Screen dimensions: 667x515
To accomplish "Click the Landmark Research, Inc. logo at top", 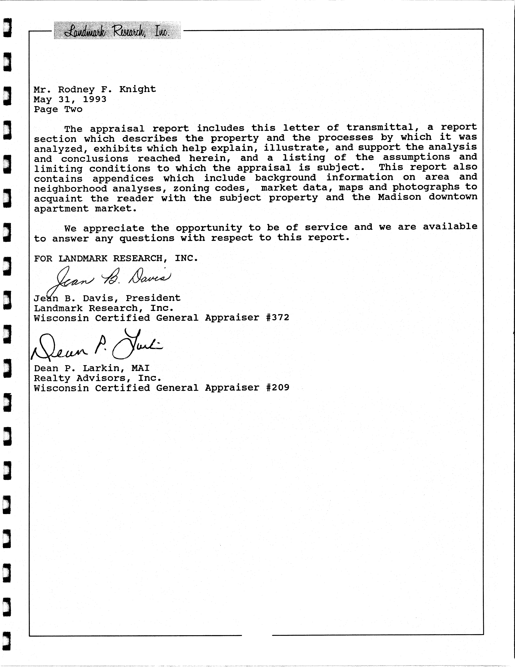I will (x=117, y=31).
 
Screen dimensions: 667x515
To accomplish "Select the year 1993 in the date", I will (x=95, y=99).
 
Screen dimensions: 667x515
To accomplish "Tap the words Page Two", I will (x=58, y=109).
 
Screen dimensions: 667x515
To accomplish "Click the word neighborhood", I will (x=70, y=188).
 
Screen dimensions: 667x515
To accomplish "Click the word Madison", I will (x=399, y=197).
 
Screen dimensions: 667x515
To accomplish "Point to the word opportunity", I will (x=209, y=228).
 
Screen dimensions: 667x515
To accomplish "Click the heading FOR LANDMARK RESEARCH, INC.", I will (x=116, y=258).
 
